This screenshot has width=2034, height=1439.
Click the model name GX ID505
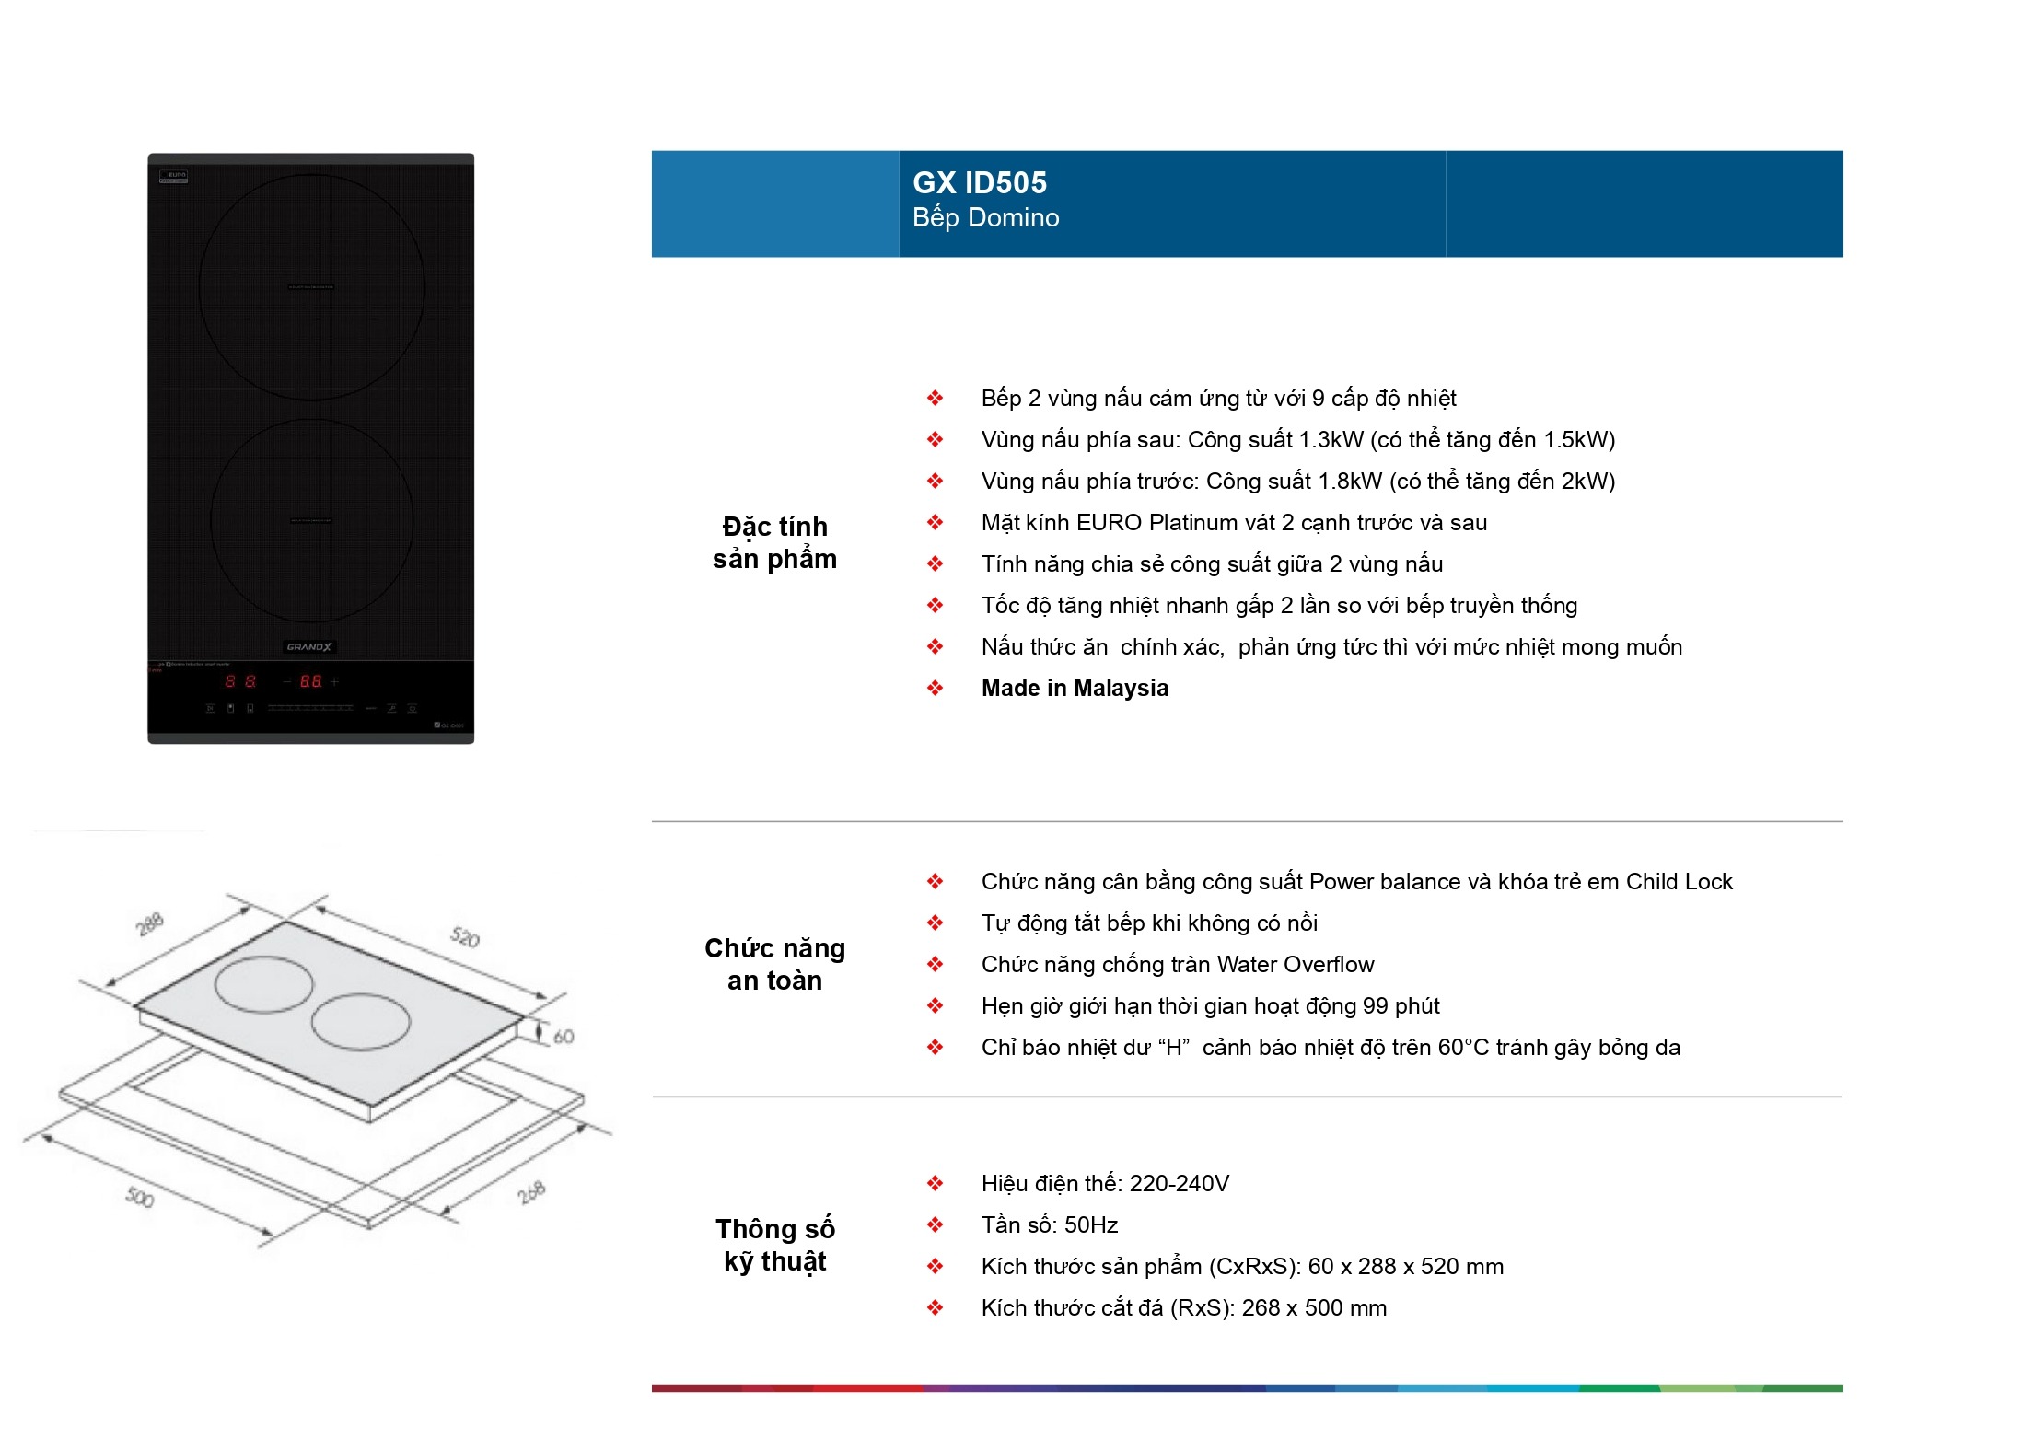(x=979, y=182)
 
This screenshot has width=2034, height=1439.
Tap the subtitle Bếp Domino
(x=985, y=218)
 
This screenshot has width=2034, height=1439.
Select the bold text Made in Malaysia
(x=1075, y=689)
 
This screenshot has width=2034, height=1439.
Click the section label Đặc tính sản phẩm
(x=774, y=542)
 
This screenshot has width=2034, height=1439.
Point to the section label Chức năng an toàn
(x=774, y=964)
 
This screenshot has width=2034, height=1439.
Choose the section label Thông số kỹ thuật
(x=774, y=1245)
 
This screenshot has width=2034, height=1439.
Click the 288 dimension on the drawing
(x=149, y=923)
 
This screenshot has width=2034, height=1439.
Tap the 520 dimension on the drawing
(x=465, y=937)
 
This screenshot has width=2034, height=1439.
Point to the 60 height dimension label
(x=564, y=1037)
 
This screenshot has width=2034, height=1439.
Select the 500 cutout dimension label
(x=140, y=1197)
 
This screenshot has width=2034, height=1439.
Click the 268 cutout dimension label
(x=531, y=1192)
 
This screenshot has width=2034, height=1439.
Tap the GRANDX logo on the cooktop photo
(x=309, y=647)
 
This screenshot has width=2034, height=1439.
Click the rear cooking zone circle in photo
(x=311, y=287)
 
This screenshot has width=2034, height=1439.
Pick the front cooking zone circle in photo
(x=311, y=520)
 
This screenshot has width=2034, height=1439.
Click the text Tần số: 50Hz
(x=1049, y=1225)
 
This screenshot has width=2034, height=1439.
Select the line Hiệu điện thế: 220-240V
(x=1105, y=1184)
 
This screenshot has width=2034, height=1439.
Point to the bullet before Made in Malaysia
(x=935, y=689)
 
